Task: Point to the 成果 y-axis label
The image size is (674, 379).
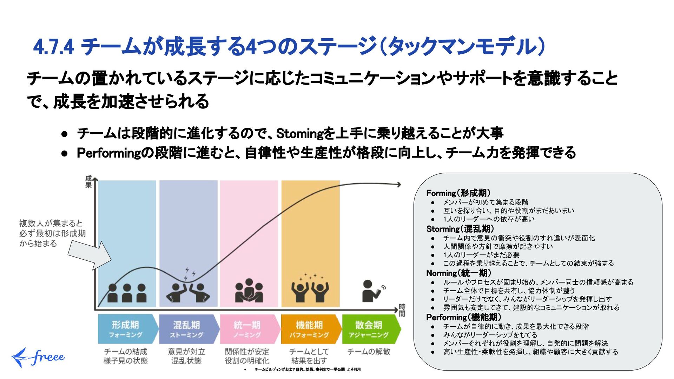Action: [88, 182]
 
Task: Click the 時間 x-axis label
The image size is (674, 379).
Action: [402, 310]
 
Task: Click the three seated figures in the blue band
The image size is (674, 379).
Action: [127, 293]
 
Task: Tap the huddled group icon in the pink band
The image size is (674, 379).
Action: [249, 291]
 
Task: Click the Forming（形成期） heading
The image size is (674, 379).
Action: [458, 193]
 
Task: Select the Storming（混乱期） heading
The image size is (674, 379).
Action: [460, 229]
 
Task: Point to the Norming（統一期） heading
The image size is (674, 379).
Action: [458, 273]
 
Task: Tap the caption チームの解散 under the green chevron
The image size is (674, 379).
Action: [369, 352]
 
